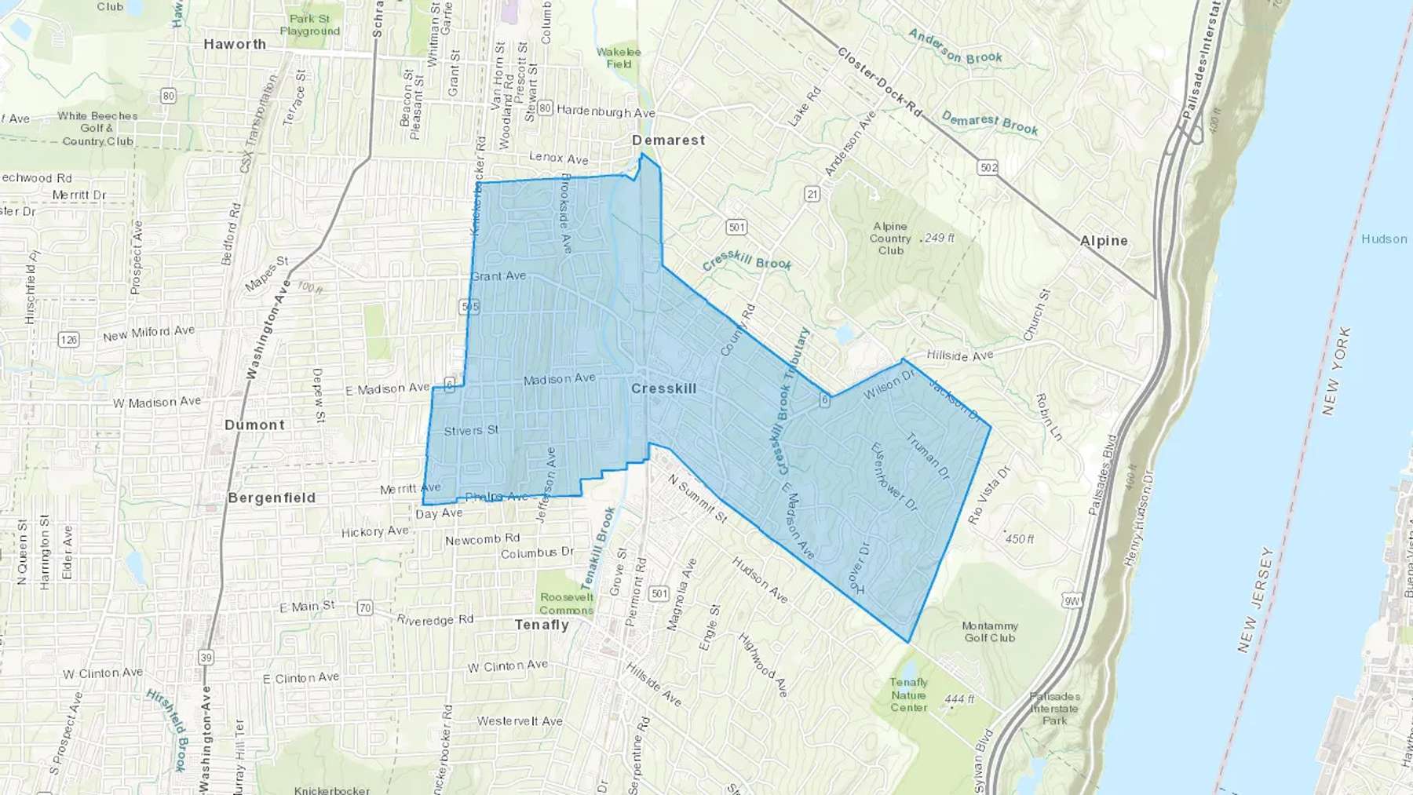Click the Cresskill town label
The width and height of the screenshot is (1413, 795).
tap(663, 388)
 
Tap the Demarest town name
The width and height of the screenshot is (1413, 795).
tap(669, 140)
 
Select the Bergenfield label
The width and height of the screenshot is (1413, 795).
tap(272, 498)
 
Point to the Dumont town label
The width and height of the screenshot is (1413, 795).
tap(254, 425)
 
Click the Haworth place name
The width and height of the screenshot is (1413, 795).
tap(235, 45)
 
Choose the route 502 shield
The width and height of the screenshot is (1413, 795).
tap(988, 167)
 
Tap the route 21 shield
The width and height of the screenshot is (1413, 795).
tap(812, 194)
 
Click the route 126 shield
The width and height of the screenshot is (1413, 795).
tap(68, 340)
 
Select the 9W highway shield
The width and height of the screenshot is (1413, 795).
tap(1072, 601)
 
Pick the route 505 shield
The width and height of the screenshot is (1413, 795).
tap(469, 307)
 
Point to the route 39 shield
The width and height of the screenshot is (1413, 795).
tap(206, 658)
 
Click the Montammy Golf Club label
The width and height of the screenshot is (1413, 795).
tap(990, 632)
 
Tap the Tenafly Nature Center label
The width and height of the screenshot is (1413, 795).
tap(909, 695)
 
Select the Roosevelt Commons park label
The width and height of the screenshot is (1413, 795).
tap(566, 604)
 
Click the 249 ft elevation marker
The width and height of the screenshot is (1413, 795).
tap(939, 238)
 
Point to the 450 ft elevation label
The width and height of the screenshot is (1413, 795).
tap(1019, 539)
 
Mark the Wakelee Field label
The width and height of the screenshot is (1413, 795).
tap(619, 57)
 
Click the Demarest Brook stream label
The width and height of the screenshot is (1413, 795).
tap(989, 122)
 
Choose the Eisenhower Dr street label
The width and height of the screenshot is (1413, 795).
tap(894, 476)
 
